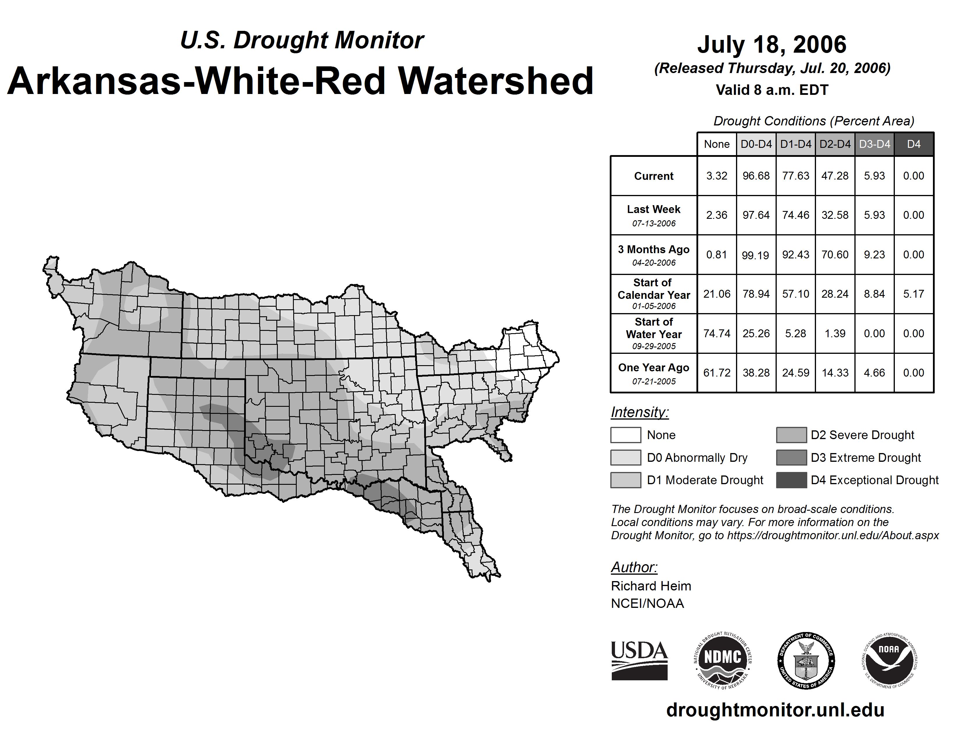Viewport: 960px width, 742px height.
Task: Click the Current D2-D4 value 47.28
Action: click(835, 176)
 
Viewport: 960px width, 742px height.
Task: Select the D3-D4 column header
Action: click(874, 144)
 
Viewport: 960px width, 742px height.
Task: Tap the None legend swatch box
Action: click(625, 435)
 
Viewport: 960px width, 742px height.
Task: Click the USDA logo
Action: click(639, 660)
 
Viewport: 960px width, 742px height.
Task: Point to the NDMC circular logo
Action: click(723, 660)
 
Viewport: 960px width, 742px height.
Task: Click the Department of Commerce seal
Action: click(806, 660)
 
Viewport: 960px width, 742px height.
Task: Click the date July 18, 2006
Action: click(772, 45)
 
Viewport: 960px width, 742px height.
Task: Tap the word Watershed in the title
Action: click(496, 81)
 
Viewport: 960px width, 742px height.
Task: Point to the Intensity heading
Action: click(639, 412)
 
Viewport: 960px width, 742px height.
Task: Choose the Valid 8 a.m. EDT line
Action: click(772, 90)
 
